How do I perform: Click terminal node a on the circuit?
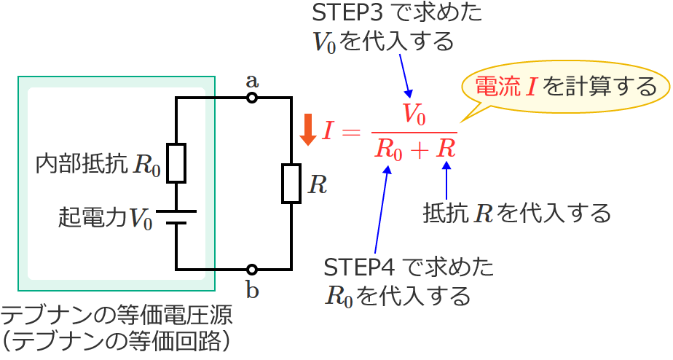pyautogui.click(x=252, y=97)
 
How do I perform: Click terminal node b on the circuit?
pyautogui.click(x=252, y=270)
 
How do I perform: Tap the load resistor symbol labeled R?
pyautogui.click(x=291, y=184)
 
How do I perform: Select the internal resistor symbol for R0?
pyautogui.click(x=176, y=163)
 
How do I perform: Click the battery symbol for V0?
pyautogui.click(x=176, y=217)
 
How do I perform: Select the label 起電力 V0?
pyautogui.click(x=106, y=217)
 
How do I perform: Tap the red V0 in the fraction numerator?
pyautogui.click(x=414, y=114)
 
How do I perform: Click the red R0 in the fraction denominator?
pyautogui.click(x=388, y=149)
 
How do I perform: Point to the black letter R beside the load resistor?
pyautogui.click(x=317, y=185)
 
